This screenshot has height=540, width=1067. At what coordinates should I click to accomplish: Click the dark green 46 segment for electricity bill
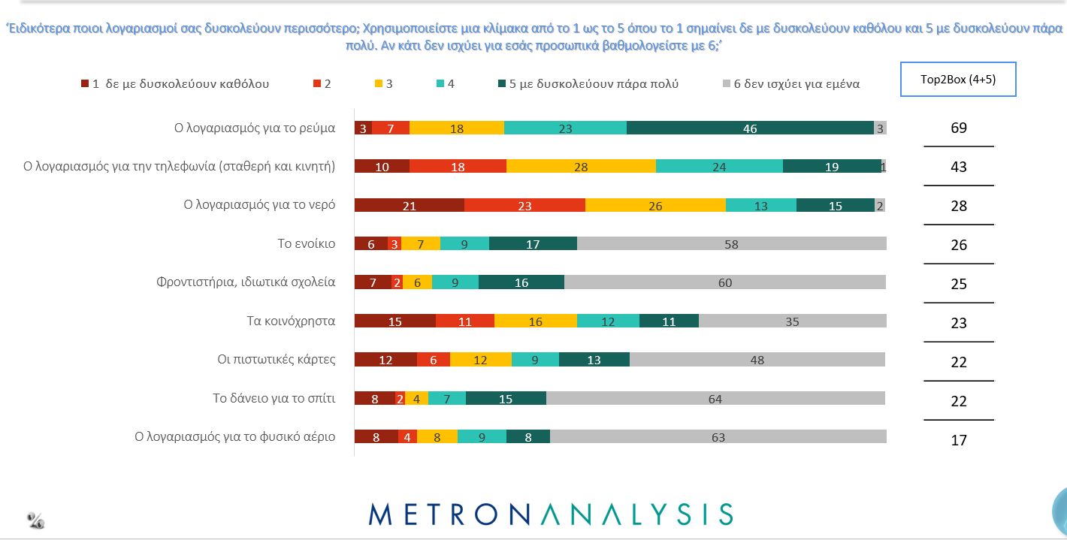pyautogui.click(x=750, y=128)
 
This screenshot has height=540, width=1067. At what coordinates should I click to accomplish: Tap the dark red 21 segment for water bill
pyautogui.click(x=409, y=206)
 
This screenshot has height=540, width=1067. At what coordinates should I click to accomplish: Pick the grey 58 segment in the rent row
pyautogui.click(x=731, y=244)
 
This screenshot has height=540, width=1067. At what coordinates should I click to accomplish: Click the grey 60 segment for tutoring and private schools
pyautogui.click(x=724, y=282)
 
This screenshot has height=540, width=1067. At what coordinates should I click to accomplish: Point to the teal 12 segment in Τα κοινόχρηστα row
pyautogui.click(x=608, y=321)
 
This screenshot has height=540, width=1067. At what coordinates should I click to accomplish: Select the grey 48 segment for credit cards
pyautogui.click(x=757, y=360)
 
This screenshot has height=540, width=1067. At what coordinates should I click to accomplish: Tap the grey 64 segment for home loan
pyautogui.click(x=715, y=399)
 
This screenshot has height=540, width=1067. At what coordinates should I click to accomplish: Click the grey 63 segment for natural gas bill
pyautogui.click(x=718, y=437)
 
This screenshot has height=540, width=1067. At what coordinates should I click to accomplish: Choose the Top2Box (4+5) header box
pyautogui.click(x=958, y=79)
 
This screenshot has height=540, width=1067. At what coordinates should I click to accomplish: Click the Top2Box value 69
pyautogui.click(x=958, y=128)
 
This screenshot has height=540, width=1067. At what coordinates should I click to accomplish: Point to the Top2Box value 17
pyautogui.click(x=958, y=440)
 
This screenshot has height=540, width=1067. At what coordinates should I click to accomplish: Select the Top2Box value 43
pyautogui.click(x=958, y=167)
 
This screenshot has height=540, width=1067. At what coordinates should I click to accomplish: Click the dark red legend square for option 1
pyautogui.click(x=85, y=83)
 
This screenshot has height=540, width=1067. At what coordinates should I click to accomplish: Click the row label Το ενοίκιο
pyautogui.click(x=307, y=244)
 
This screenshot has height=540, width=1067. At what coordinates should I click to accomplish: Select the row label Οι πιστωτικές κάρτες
pyautogui.click(x=276, y=360)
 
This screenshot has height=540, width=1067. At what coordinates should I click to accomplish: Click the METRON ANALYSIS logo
pyautogui.click(x=551, y=514)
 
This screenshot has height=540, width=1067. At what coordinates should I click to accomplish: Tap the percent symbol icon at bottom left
pyautogui.click(x=35, y=520)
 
